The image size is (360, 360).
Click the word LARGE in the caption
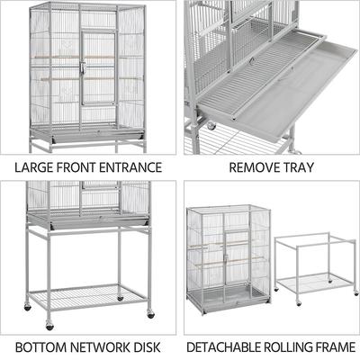34,167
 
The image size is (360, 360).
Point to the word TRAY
296,167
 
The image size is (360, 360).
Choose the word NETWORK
101,346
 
